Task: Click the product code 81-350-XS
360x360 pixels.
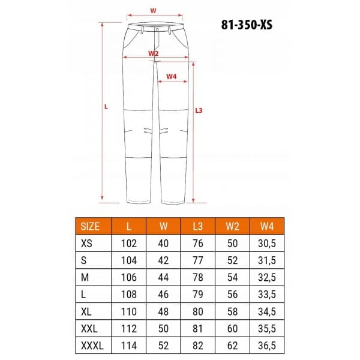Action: [247, 25]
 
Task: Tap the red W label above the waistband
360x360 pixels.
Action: [153, 11]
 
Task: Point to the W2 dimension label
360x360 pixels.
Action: [154, 53]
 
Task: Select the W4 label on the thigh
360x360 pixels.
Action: [172, 76]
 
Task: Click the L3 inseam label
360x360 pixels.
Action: [199, 110]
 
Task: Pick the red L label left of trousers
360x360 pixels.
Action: [106, 107]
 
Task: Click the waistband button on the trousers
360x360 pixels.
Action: [157, 29]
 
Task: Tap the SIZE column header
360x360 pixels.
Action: [90, 226]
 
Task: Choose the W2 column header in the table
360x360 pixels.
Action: [233, 226]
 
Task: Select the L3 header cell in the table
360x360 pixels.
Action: [198, 226]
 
